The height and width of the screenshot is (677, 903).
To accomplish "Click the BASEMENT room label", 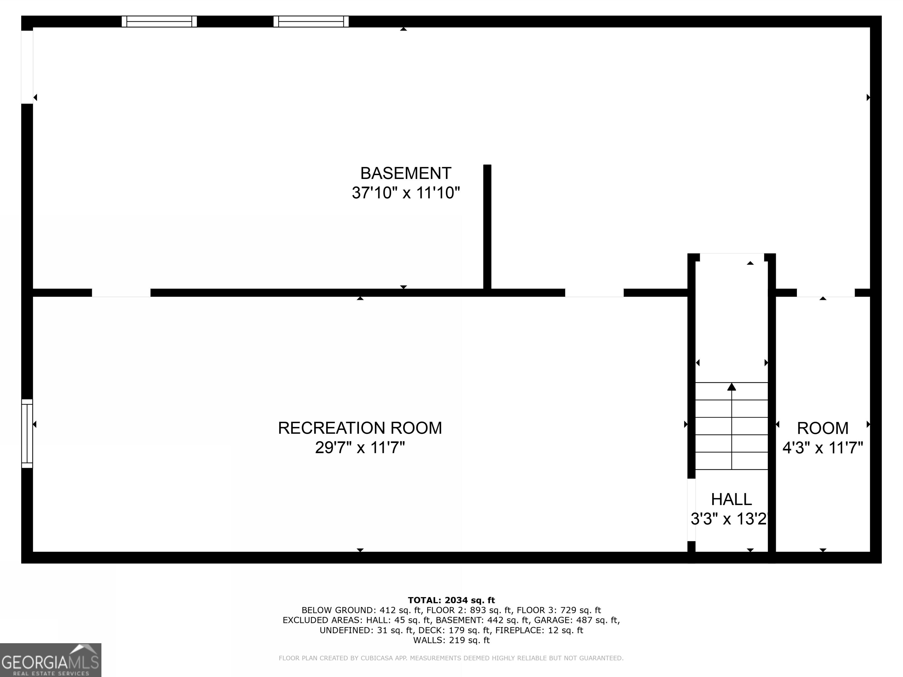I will point(405,173).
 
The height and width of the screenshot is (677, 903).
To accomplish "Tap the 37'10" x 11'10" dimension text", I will point(405,193).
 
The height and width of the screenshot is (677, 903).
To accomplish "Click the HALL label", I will point(731,499).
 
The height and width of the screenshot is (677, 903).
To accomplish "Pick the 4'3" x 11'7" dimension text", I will point(822,448).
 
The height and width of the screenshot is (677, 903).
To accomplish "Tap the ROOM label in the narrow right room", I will point(822,428).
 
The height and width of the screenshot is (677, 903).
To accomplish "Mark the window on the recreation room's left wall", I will point(27,433).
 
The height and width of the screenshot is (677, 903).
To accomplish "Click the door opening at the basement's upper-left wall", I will point(27,67).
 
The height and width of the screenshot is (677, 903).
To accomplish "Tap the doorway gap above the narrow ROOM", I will point(825,293).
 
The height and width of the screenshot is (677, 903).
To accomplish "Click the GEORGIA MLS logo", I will point(50,660).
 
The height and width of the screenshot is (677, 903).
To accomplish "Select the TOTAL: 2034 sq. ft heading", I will point(451,600).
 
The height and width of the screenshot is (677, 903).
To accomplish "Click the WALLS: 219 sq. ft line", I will point(451,640).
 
